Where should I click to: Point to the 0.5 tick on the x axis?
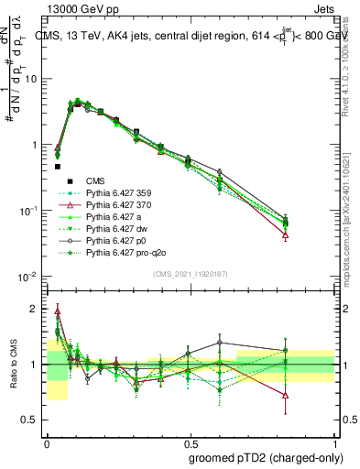pos(191,441)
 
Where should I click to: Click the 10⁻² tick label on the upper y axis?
pos(28,277)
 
